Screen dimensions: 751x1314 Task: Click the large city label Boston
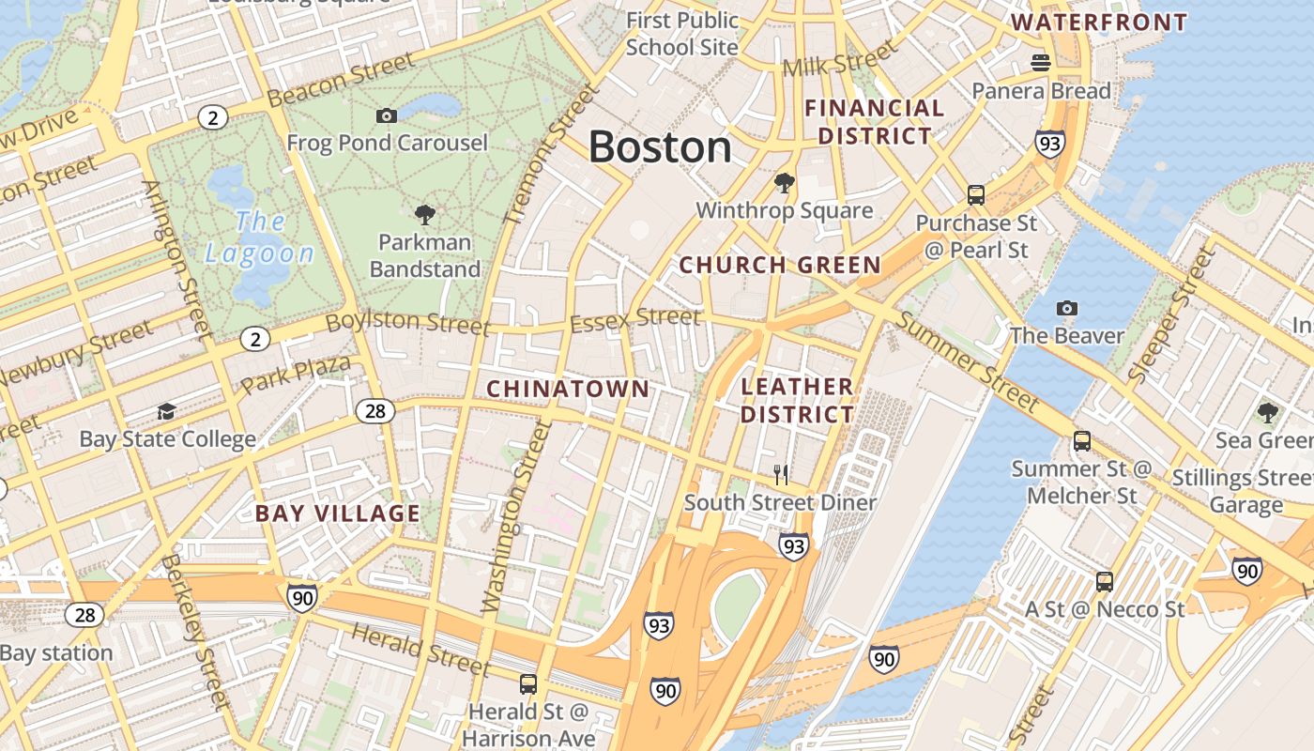(x=660, y=147)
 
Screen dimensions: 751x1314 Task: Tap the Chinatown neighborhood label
(x=568, y=389)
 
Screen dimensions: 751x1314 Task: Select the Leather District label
(x=798, y=400)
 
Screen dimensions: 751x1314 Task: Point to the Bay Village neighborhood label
(x=338, y=513)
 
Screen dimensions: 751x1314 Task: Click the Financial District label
(x=875, y=122)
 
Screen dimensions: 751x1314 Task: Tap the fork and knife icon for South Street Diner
(x=780, y=474)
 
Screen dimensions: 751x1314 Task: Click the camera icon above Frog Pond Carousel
(x=387, y=115)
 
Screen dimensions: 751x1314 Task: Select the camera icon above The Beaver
(x=1066, y=308)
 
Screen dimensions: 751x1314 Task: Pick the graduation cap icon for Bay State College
(x=167, y=411)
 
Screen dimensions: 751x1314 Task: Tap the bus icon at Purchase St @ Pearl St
(x=976, y=195)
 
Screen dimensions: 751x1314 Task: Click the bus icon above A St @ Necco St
(x=1105, y=581)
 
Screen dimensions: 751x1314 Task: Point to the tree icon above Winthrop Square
(x=784, y=182)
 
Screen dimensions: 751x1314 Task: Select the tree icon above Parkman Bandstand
(x=424, y=214)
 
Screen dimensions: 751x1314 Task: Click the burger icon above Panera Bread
(x=1040, y=63)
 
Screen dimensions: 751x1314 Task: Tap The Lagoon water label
(x=260, y=237)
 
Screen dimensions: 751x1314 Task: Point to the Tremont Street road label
(x=552, y=156)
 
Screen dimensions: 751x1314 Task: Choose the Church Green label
(x=780, y=266)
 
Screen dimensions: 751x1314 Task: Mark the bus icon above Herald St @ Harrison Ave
(x=528, y=683)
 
